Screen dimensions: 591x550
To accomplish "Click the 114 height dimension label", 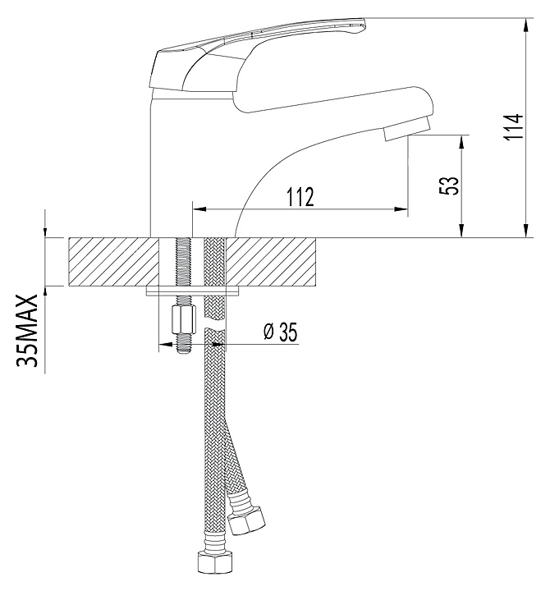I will coord(512,127).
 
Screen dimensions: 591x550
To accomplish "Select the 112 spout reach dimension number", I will coord(300,198).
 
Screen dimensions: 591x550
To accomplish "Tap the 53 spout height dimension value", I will coord(450,186).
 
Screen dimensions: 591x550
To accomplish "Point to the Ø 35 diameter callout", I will coord(280,332).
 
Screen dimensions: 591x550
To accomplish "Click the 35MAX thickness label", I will coord(30,332).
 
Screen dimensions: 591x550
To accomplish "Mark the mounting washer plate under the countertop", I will coord(194,290).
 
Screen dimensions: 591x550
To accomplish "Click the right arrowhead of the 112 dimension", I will coord(401,211).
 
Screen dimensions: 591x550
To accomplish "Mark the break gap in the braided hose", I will coord(214,328).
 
